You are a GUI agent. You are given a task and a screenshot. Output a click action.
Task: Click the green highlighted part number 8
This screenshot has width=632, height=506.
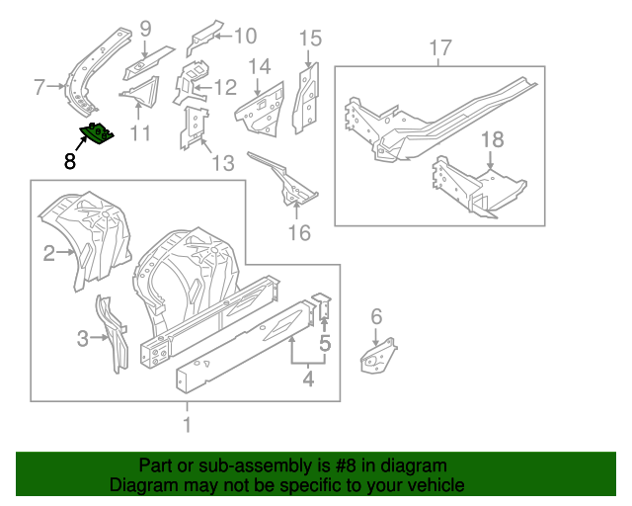(98, 132)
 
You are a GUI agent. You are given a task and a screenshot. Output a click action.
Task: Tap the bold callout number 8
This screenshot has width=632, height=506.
(69, 161)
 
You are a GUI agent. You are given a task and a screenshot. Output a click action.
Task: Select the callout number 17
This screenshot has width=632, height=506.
(440, 47)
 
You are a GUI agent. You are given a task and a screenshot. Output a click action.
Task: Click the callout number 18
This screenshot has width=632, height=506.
(491, 142)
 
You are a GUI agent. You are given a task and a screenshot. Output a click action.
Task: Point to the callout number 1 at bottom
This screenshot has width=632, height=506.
(188, 426)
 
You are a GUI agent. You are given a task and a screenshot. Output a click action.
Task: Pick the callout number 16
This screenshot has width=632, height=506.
(298, 233)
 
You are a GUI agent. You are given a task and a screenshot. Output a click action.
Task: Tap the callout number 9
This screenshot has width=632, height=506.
(145, 29)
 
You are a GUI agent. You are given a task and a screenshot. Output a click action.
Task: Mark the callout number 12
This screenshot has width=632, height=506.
(225, 87)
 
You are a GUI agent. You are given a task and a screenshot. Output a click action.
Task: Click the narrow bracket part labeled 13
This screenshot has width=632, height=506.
(194, 126)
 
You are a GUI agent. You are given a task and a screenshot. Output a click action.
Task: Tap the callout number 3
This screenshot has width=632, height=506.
(82, 340)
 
